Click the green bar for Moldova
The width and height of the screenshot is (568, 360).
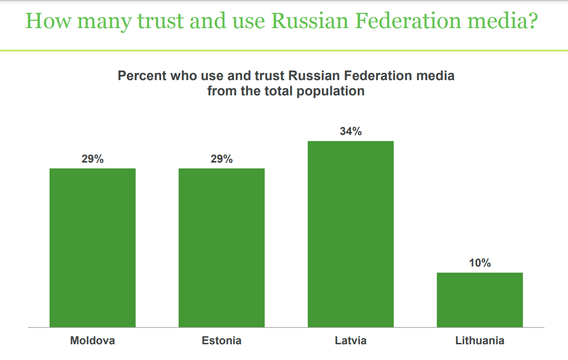click(93, 247)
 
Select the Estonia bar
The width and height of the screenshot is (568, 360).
click(221, 247)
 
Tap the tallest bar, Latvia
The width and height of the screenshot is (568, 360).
click(351, 234)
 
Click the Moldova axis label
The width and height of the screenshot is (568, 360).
click(93, 341)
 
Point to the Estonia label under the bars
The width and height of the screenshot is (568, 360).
click(221, 341)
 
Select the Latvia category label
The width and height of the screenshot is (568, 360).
click(351, 341)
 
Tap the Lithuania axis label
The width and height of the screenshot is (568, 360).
click(480, 341)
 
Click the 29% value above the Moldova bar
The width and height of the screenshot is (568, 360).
click(93, 159)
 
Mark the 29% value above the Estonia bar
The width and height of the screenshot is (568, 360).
click(221, 159)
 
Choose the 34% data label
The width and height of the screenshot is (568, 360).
click(351, 132)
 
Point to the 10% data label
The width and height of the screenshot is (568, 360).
click(480, 263)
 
